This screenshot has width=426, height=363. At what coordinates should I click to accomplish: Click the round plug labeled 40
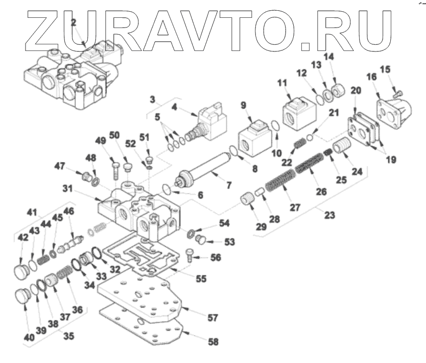22,295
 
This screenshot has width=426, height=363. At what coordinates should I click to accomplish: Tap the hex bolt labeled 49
115,165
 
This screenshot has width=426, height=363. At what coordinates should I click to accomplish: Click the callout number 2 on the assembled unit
74,23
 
